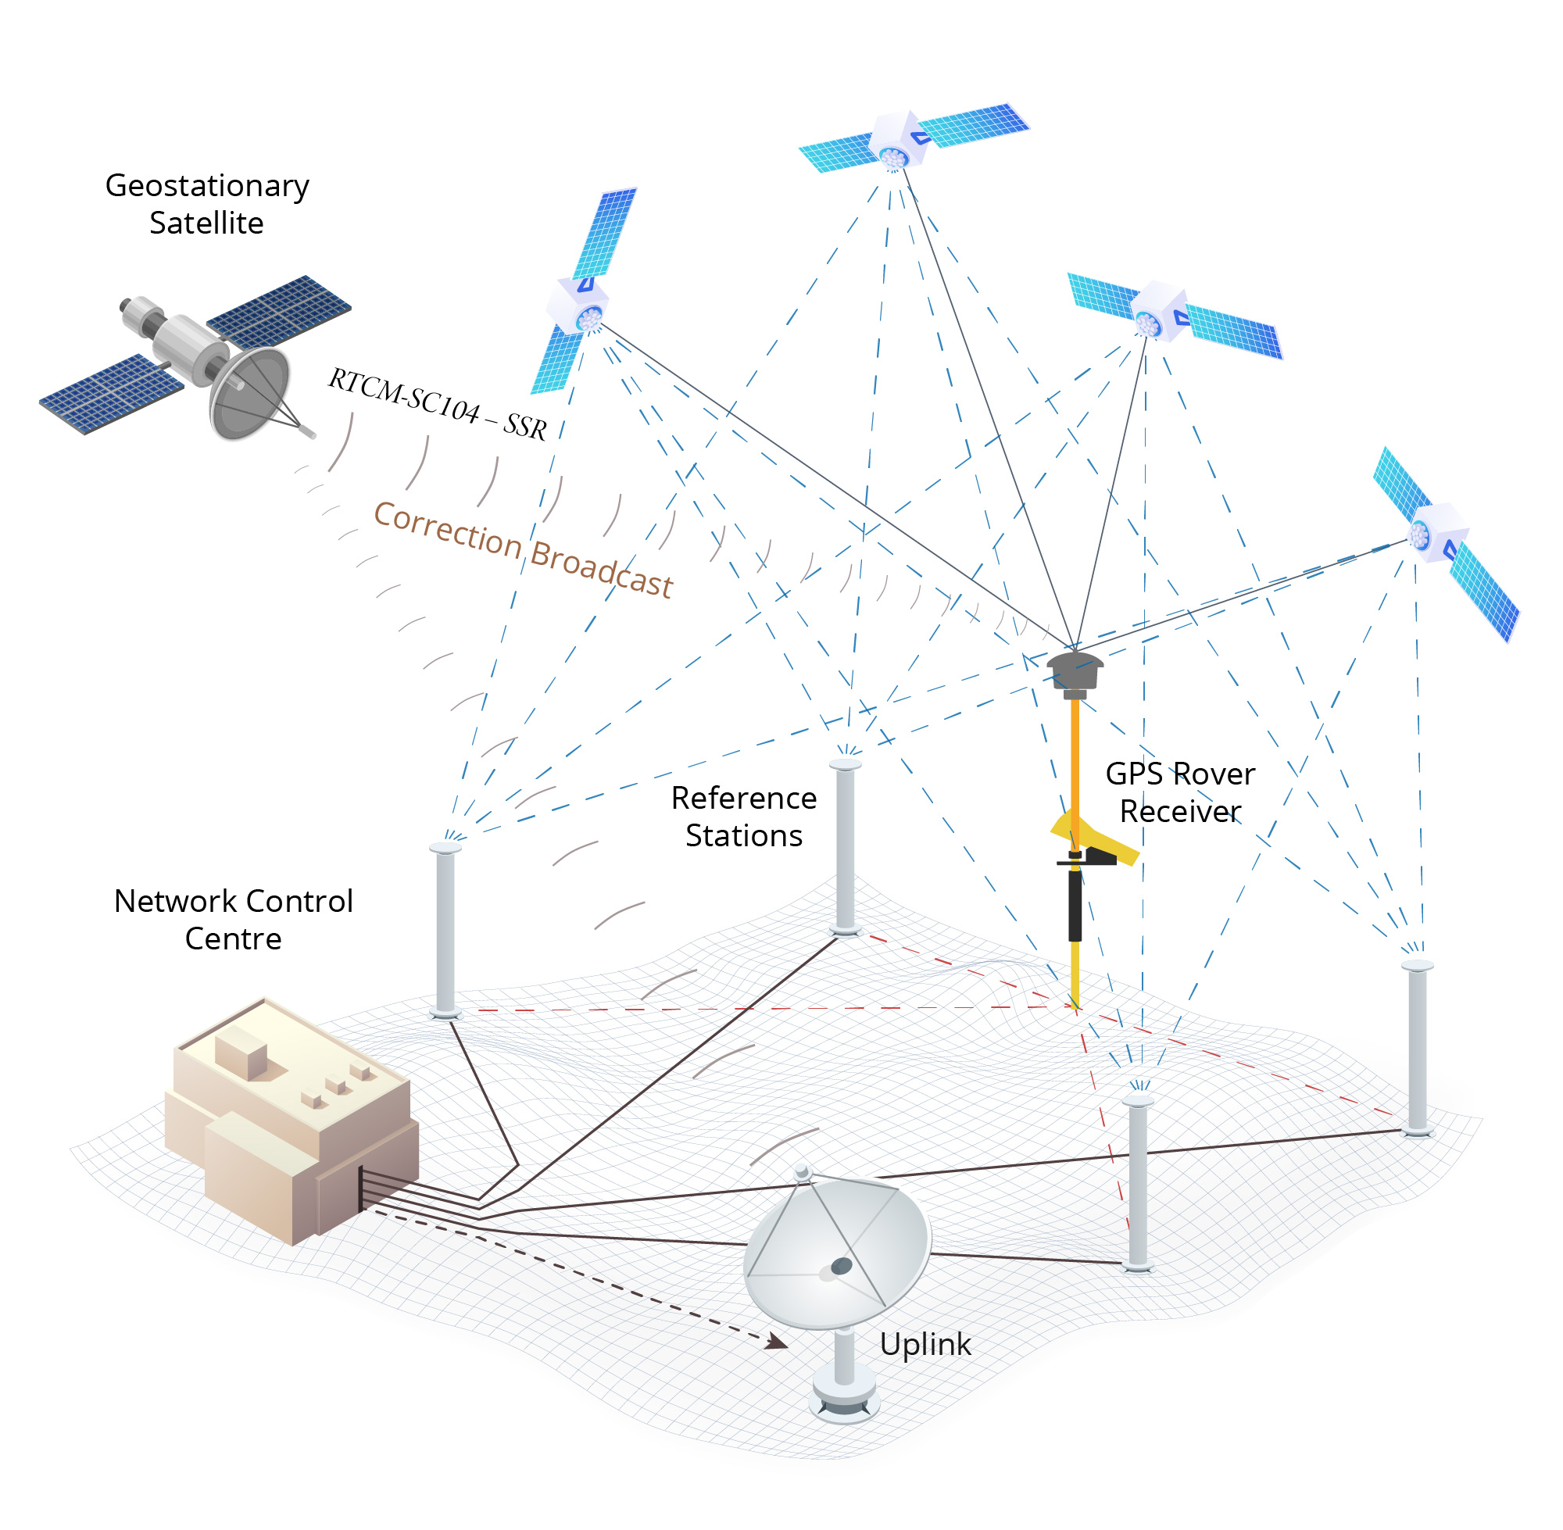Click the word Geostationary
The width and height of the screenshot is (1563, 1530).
click(206, 186)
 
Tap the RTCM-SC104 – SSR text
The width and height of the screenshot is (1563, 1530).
click(437, 404)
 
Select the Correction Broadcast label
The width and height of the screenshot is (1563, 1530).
click(522, 549)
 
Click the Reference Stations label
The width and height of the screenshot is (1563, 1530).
click(743, 817)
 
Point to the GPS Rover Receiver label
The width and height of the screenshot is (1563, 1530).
click(1180, 792)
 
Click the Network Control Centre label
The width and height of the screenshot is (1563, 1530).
click(233, 919)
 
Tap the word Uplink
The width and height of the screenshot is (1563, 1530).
click(925, 1343)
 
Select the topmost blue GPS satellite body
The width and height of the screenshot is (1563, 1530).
click(899, 140)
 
